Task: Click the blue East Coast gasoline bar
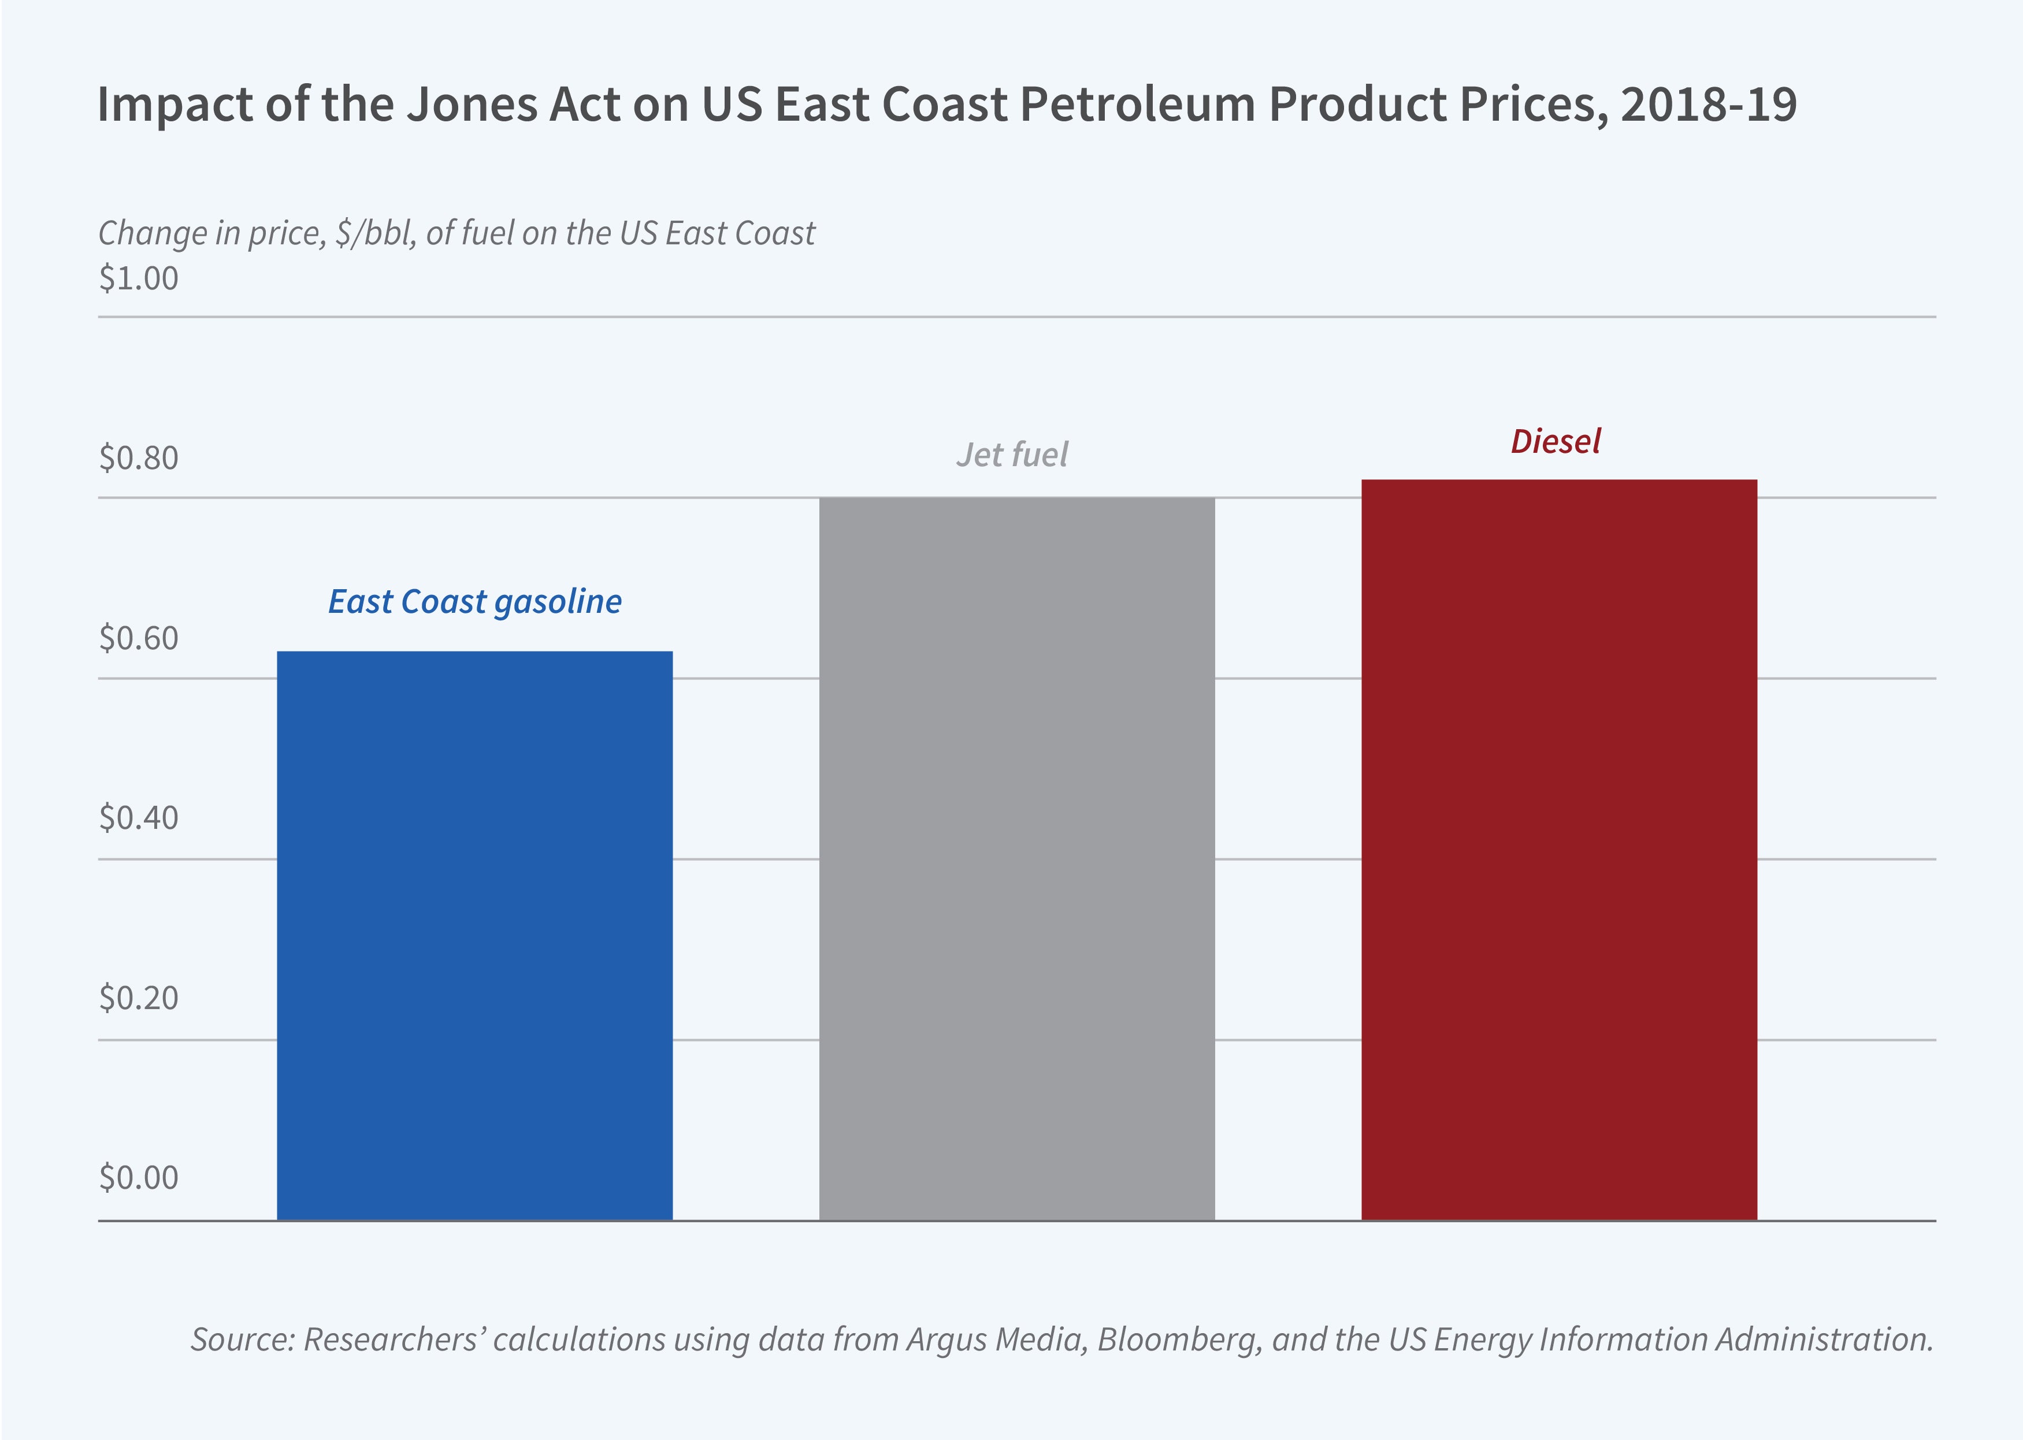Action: click(474, 936)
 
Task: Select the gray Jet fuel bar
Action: click(1016, 858)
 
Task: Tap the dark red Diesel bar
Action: click(1558, 850)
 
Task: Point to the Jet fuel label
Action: click(1012, 455)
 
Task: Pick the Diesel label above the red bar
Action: click(1556, 441)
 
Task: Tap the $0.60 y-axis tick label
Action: click(138, 638)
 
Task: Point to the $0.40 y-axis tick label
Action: click(138, 817)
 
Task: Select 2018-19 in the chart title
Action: click(1708, 105)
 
